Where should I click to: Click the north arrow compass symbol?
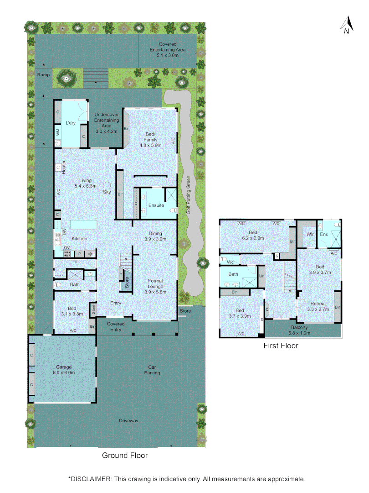pyautogui.click(x=347, y=25)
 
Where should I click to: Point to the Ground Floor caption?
pyautogui.click(x=124, y=455)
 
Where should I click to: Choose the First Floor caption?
pyautogui.click(x=281, y=346)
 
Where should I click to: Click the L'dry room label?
pyautogui.click(x=70, y=123)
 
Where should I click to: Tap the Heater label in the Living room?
pyautogui.click(x=64, y=167)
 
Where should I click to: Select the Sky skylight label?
pyautogui.click(x=107, y=192)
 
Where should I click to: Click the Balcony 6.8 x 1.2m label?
pyautogui.click(x=300, y=330)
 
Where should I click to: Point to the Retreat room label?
pyautogui.click(x=318, y=304)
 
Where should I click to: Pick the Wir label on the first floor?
pyautogui.click(x=310, y=234)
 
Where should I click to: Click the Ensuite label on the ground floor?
pyautogui.click(x=157, y=205)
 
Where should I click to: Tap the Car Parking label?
pyautogui.click(x=152, y=370)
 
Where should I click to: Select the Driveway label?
pyautogui.click(x=128, y=420)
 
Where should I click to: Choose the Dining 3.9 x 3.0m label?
pyautogui.click(x=153, y=236)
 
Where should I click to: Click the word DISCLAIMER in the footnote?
pyautogui.click(x=90, y=479)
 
